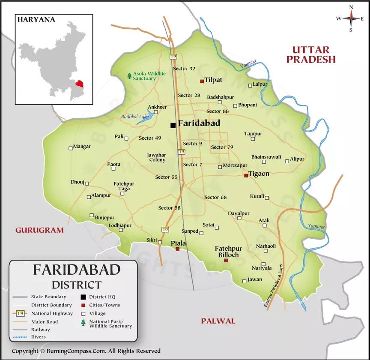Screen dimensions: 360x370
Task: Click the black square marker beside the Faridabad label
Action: (173, 125)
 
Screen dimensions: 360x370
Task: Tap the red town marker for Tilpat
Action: (202, 81)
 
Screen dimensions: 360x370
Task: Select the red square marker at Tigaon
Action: (246, 175)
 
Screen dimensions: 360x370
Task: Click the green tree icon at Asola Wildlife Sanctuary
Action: (129, 76)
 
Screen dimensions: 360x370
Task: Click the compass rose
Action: (351, 18)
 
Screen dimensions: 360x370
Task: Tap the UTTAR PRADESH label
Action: (311, 54)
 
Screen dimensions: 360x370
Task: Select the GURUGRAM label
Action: (39, 230)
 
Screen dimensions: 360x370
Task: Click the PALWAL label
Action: (218, 321)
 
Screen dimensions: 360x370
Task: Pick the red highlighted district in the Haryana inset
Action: (78, 82)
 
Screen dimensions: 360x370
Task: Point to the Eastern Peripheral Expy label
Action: (272, 285)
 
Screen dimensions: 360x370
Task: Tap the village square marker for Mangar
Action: (71, 148)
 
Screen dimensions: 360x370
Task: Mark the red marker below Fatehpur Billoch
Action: (226, 260)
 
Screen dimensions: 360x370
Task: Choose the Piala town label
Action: (179, 243)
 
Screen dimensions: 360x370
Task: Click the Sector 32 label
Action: (184, 69)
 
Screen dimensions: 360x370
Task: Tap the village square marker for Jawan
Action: (244, 281)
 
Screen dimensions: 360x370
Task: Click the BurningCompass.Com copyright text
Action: (86, 351)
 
